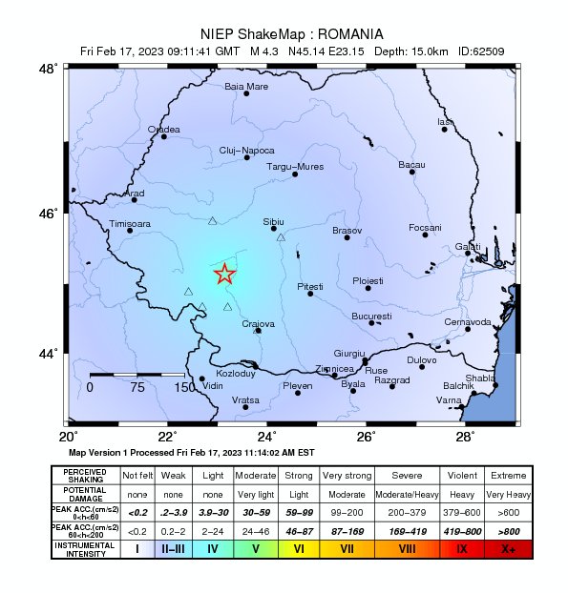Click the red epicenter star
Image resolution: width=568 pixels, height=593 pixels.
click(x=224, y=275)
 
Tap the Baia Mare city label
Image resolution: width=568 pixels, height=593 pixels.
click(x=246, y=86)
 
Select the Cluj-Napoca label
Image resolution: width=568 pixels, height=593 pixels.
click(x=246, y=151)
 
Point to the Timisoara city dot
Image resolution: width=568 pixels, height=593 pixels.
click(x=130, y=231)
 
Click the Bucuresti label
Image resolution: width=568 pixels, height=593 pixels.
click(x=371, y=316)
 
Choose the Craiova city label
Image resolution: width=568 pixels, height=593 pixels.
click(x=258, y=324)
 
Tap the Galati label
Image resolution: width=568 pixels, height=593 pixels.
click(x=468, y=247)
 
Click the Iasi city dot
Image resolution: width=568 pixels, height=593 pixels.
click(x=445, y=129)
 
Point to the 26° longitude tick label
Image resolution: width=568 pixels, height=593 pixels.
click(x=366, y=437)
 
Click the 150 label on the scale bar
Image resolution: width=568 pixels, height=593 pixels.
click(x=184, y=388)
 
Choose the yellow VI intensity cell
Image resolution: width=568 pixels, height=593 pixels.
click(x=299, y=548)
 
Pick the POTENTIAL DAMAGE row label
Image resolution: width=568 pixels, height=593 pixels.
click(x=85, y=494)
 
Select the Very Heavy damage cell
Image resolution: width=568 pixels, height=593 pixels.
click(x=507, y=494)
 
